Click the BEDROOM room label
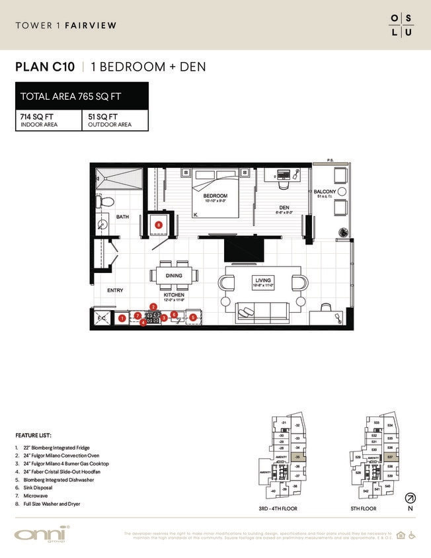click(215, 196)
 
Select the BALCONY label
click(325, 192)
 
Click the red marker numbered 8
click(159, 225)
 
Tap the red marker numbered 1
click(122, 318)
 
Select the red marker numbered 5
click(193, 317)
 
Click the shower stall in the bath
click(120, 179)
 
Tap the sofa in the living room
click(262, 310)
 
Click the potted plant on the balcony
click(343, 232)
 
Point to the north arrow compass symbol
click(411, 498)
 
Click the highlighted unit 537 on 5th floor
click(390, 456)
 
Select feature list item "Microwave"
click(32, 497)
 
